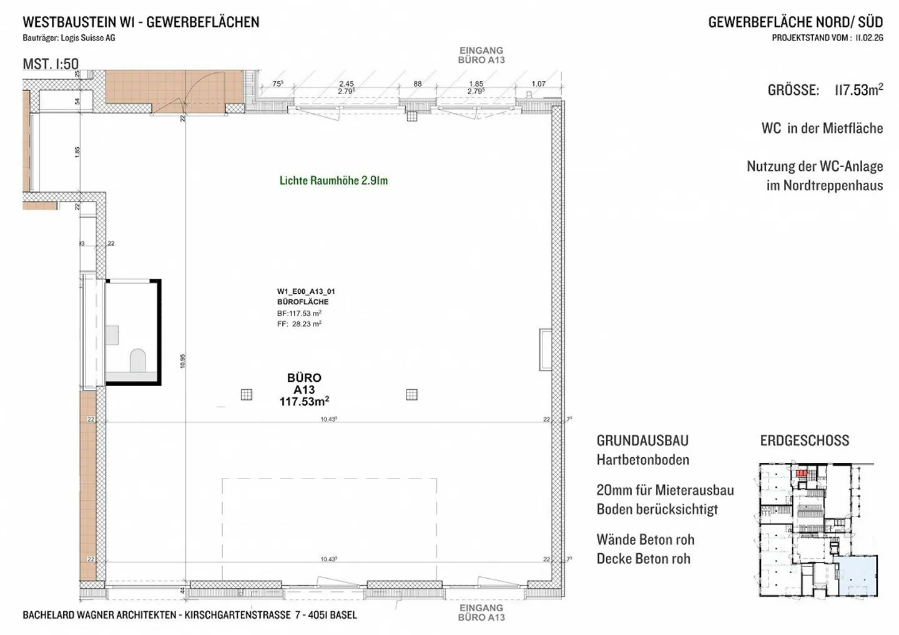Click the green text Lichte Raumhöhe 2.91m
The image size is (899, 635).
(333, 180)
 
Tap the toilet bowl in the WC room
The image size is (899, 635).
(137, 360)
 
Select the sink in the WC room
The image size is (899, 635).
(112, 335)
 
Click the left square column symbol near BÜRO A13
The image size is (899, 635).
(247, 394)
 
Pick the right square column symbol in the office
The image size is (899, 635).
(411, 394)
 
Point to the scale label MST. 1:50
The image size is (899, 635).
(51, 64)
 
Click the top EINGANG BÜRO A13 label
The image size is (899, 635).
(481, 55)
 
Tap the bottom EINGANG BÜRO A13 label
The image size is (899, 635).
(481, 613)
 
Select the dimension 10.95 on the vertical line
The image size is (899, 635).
(183, 361)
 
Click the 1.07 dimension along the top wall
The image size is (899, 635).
(538, 84)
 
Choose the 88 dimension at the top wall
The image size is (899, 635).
(418, 84)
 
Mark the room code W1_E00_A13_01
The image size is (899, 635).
(306, 291)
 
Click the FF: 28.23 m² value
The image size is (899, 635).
(299, 324)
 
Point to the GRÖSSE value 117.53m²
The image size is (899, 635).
(858, 90)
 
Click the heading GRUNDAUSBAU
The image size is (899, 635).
(642, 440)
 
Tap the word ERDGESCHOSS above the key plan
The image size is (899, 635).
(804, 440)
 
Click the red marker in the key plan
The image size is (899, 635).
(801, 474)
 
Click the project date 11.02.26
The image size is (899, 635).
(869, 37)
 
